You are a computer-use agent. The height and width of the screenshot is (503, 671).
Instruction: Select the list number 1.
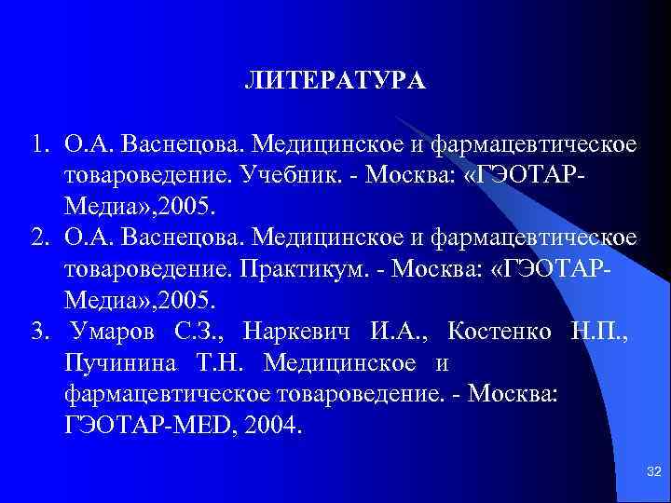pyautogui.click(x=38, y=146)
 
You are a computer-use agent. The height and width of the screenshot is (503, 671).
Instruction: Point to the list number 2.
pyautogui.click(x=38, y=238)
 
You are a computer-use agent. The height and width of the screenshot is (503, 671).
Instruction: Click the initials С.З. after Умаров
pyautogui.click(x=198, y=332)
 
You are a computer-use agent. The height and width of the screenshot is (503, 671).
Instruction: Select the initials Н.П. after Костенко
pyautogui.click(x=598, y=332)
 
